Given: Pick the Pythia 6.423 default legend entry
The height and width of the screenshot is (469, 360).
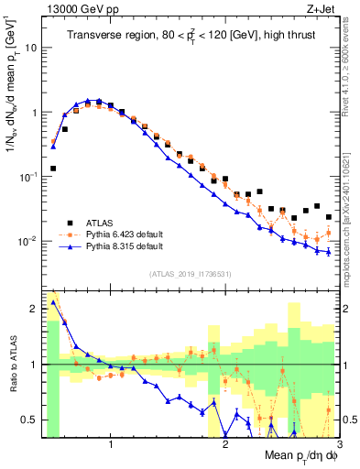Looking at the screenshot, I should pos(124,234).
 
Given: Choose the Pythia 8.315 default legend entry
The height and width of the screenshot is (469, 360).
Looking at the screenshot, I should pos(124,246).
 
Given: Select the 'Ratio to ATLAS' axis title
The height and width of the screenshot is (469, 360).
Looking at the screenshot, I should pos(11,365).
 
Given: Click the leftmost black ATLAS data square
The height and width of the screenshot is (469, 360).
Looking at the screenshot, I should pos(53,169).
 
